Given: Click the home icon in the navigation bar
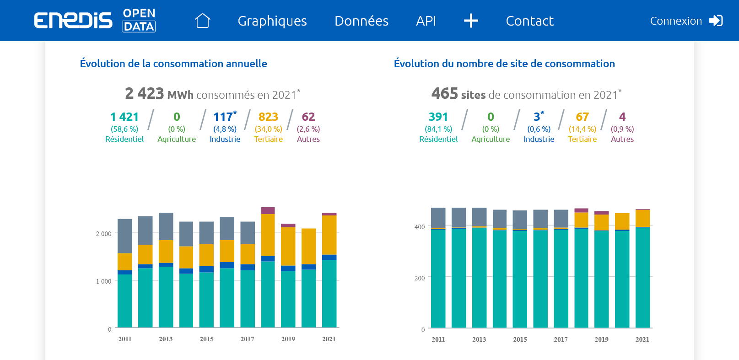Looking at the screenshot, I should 202,21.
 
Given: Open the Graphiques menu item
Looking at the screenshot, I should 272,21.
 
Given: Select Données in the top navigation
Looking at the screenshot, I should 361,21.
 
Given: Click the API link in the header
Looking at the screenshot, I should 426,21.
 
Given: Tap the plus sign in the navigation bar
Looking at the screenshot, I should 471,21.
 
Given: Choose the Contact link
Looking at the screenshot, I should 529,21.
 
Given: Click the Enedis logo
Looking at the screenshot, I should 73,21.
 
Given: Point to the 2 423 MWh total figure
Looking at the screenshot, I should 144,94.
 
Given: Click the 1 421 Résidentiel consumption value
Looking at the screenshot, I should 124,117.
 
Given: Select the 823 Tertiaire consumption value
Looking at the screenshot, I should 268,117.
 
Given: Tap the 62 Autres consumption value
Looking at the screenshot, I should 308,117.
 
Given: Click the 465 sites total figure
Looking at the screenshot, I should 444,94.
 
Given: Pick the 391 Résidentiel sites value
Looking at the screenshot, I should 438,117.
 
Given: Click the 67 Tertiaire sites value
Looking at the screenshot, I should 582,117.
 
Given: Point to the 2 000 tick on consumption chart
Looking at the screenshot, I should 103,234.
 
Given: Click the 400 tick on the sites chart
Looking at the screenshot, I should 420,227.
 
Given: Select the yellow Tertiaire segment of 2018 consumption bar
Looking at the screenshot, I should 268,235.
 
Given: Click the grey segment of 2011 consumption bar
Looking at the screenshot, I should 125,236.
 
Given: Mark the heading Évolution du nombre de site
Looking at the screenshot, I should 504,64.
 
